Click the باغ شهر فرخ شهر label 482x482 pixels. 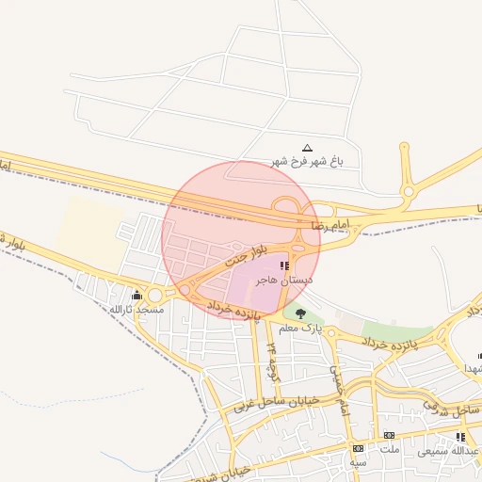(x=308, y=162)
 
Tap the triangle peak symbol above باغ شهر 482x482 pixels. (x=307, y=148)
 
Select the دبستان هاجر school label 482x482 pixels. (x=285, y=280)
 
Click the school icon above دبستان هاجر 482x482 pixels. (x=285, y=266)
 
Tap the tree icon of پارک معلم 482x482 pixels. (x=300, y=314)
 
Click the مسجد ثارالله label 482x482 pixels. (x=137, y=309)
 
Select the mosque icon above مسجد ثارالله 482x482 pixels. (x=137, y=296)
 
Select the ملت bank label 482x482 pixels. (x=389, y=448)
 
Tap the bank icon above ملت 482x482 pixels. (x=389, y=435)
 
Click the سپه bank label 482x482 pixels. (x=358, y=462)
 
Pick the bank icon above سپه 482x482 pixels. (x=358, y=448)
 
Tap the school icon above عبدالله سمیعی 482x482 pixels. (x=460, y=437)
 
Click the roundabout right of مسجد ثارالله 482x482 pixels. (x=154, y=297)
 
